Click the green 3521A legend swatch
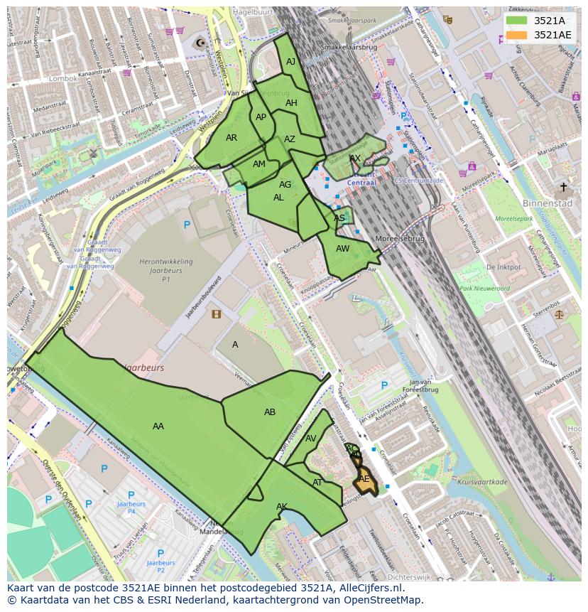(516, 21)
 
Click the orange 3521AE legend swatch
(516, 35)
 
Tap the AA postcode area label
(158, 426)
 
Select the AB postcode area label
(270, 412)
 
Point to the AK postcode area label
(282, 507)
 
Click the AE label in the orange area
(364, 479)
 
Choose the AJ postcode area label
(290, 62)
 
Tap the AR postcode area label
(232, 138)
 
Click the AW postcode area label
(343, 249)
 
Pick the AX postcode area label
(355, 159)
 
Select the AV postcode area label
(311, 439)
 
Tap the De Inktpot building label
(503, 267)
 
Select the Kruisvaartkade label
(483, 482)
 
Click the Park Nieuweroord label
(484, 289)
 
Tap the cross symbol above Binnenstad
(563, 187)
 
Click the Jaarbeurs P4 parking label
(131, 507)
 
